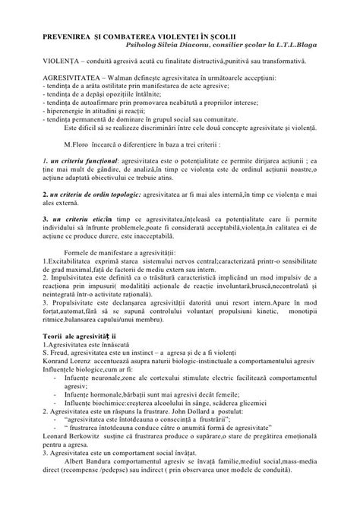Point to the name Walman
click(x=122, y=78)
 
